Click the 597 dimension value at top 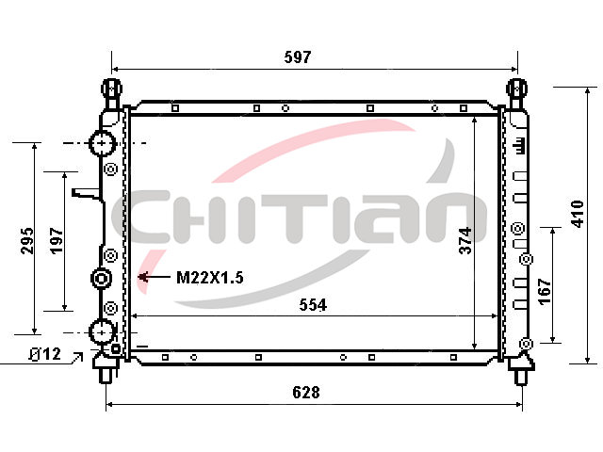point(298,57)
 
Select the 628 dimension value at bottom point(306,393)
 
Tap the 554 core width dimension point(313,305)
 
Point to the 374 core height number point(465,241)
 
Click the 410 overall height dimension point(578,214)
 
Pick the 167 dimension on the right point(545,292)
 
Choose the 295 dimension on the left point(27,241)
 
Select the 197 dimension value point(57,241)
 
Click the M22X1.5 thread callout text point(209,278)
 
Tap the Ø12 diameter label point(45,354)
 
